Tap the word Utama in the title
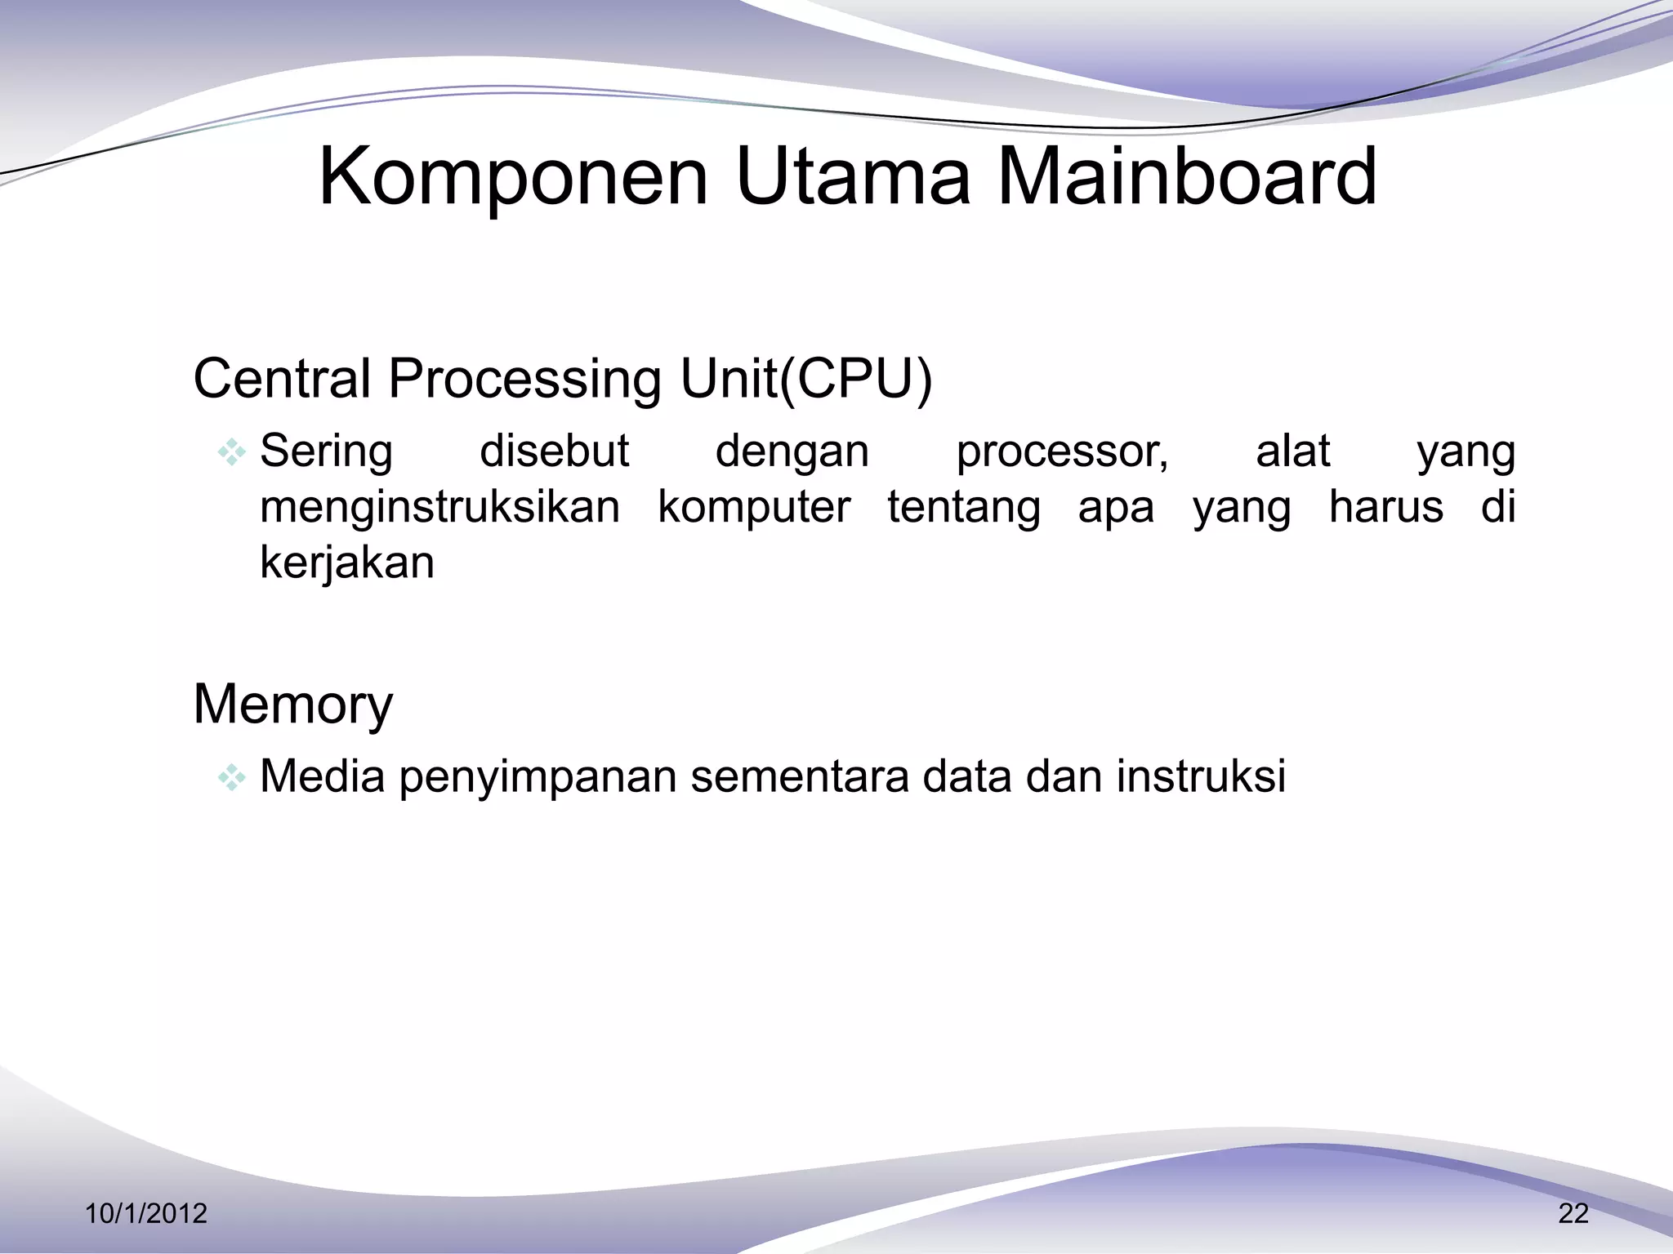click(853, 176)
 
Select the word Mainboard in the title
click(1187, 176)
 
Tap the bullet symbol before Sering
click(231, 452)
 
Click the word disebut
click(554, 451)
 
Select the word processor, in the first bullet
click(1062, 452)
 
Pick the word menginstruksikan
click(439, 508)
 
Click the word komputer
click(754, 508)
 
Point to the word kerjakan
click(346, 563)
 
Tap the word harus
click(1385, 506)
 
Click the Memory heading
click(292, 704)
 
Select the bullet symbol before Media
click(231, 777)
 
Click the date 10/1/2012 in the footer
click(146, 1213)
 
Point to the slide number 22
click(1573, 1213)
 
